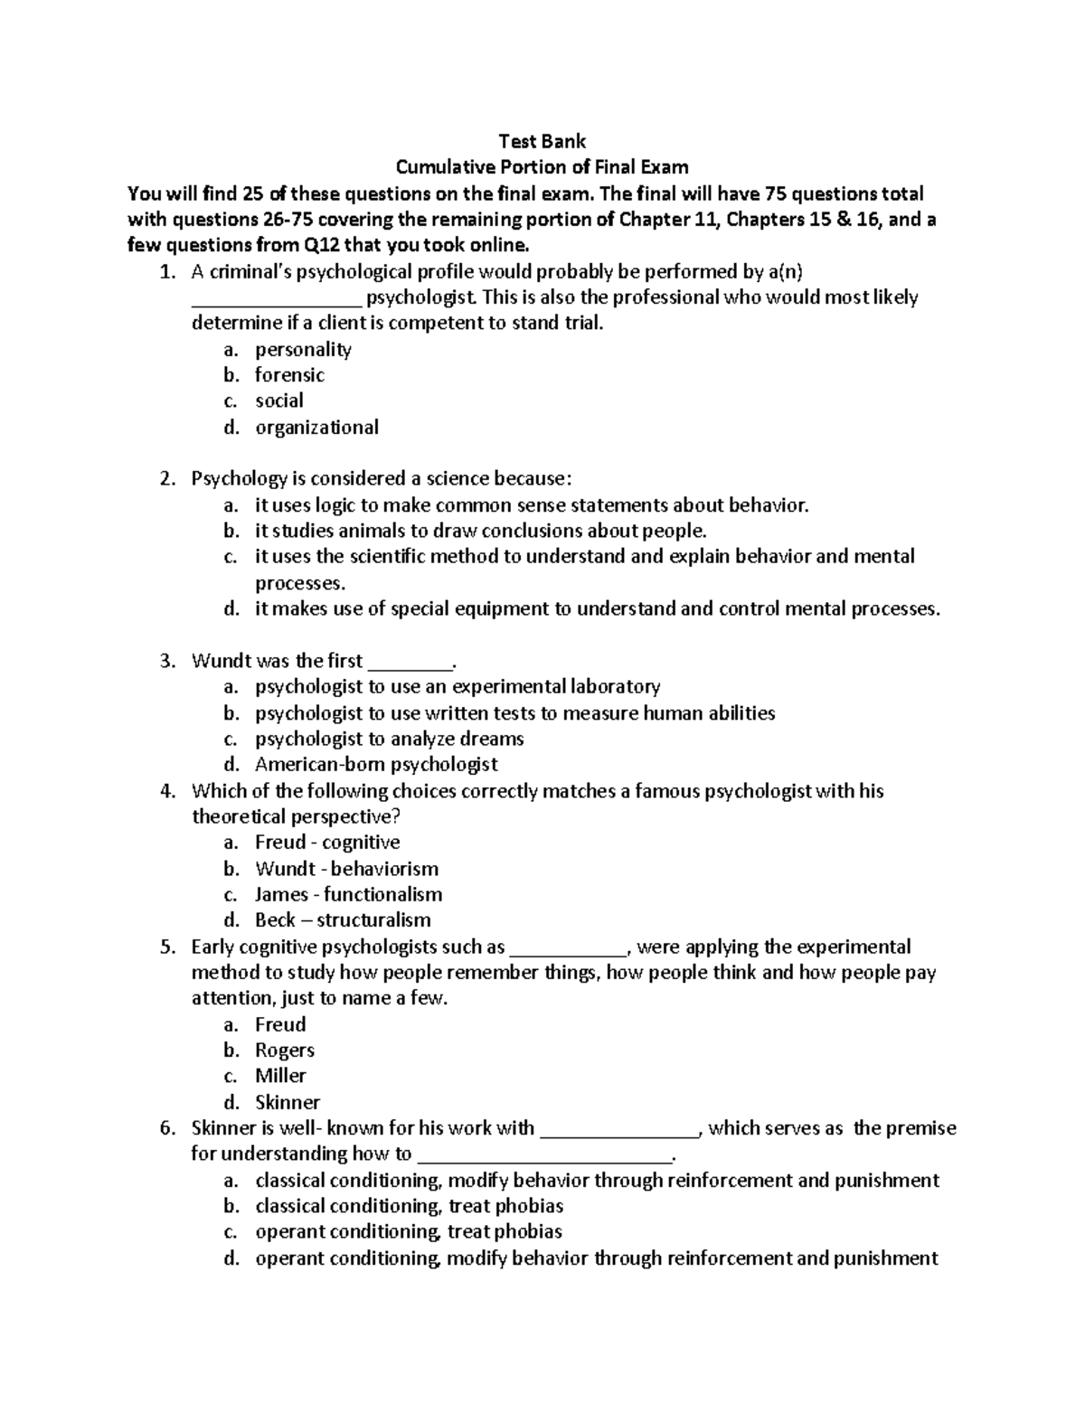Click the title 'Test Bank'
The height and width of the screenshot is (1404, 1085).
(x=542, y=141)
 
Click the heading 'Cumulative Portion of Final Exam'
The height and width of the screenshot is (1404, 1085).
(x=542, y=167)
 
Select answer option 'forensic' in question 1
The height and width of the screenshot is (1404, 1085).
(x=289, y=375)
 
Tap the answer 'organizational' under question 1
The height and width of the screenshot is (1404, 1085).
(x=316, y=428)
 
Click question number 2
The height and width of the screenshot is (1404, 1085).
(x=166, y=479)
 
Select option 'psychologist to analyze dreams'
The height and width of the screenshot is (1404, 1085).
(x=389, y=740)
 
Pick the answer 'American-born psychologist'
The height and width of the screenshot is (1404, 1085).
(x=376, y=765)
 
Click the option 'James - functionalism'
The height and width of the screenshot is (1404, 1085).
(x=348, y=895)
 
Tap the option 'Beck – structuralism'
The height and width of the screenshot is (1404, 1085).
(x=343, y=920)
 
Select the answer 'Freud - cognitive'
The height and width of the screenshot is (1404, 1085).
(x=327, y=843)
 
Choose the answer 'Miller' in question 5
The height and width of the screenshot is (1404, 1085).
(x=280, y=1076)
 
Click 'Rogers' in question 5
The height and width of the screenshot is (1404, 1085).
(x=285, y=1051)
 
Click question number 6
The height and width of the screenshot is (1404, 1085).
(x=166, y=1128)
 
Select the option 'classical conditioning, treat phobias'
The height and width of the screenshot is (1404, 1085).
(x=409, y=1206)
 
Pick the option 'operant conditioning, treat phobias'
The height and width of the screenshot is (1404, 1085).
(x=409, y=1232)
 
